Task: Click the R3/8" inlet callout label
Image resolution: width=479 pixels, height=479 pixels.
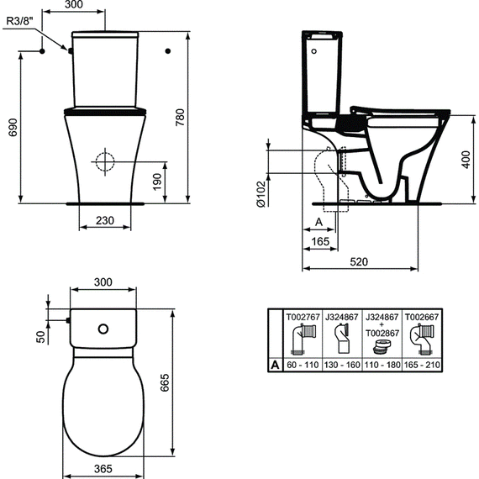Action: (19, 21)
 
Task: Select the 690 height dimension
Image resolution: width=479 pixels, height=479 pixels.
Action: (13, 128)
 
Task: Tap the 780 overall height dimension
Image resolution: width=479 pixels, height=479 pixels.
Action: (180, 118)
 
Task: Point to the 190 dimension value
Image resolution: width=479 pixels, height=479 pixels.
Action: (157, 182)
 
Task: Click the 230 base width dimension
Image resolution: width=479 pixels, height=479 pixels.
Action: (105, 220)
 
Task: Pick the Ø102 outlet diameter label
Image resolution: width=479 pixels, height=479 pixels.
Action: (261, 194)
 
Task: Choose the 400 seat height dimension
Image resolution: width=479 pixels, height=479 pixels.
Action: (466, 159)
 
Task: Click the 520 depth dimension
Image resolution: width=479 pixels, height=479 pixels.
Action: (359, 262)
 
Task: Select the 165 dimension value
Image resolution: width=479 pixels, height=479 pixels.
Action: (320, 242)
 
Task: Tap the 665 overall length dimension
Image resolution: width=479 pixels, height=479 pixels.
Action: (165, 382)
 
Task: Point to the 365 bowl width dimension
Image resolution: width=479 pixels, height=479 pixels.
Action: (103, 469)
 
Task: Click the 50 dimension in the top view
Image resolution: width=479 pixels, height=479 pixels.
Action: (41, 337)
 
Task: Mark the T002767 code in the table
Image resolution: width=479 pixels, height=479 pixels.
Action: (303, 317)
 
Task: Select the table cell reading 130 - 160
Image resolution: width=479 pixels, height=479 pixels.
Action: (342, 365)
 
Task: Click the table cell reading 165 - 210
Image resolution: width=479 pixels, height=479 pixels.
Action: (422, 365)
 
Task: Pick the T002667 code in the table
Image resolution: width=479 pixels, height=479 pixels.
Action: (422, 317)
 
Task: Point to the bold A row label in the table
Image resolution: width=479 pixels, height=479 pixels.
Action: (275, 365)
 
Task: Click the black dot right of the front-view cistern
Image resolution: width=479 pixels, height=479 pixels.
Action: (168, 51)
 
